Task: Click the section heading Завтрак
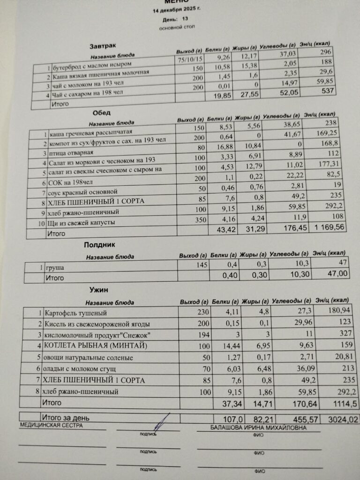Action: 102,46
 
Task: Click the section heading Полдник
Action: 99,245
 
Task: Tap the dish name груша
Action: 55,268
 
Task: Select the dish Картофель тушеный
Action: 75,313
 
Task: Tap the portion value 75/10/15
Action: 190,60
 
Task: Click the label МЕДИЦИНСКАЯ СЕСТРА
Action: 51,425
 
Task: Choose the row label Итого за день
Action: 66,417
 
